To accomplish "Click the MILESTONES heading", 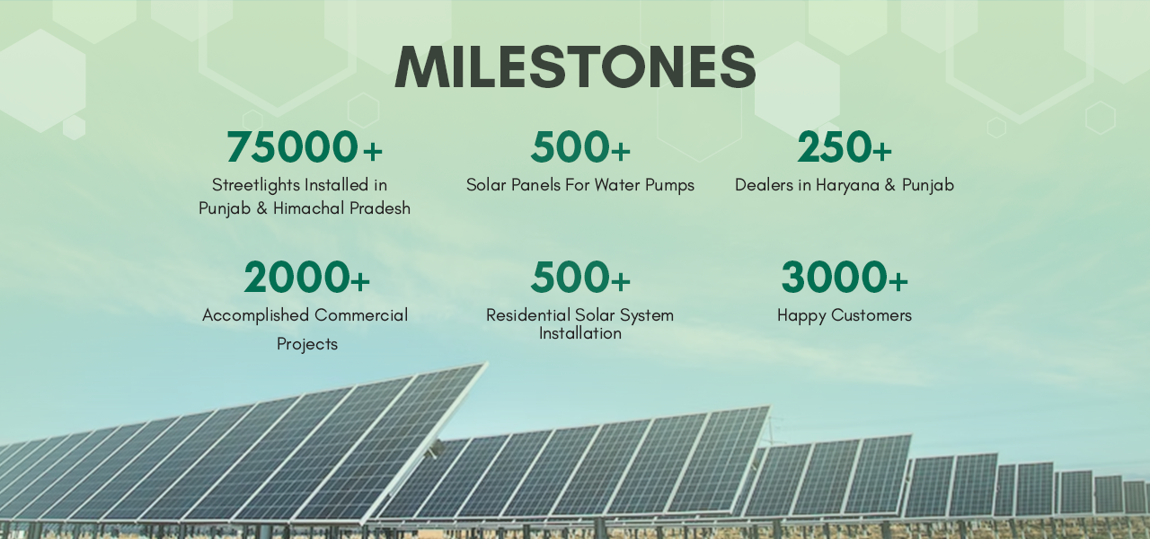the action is tap(575, 66).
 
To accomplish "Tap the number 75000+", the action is tap(305, 146).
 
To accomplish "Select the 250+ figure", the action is tap(845, 146).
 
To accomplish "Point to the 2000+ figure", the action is tap(306, 278).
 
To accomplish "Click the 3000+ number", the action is tap(845, 278).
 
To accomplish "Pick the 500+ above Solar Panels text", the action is tap(580, 146).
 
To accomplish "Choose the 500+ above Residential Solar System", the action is tap(580, 278).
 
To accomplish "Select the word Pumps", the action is tap(669, 185).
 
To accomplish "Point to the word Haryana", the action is tap(847, 185).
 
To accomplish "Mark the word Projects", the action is tap(307, 344).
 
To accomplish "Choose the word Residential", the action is tap(528, 315).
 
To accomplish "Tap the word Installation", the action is tap(580, 333).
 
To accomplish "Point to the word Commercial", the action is tap(361, 315).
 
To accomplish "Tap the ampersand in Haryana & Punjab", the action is tap(890, 185).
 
